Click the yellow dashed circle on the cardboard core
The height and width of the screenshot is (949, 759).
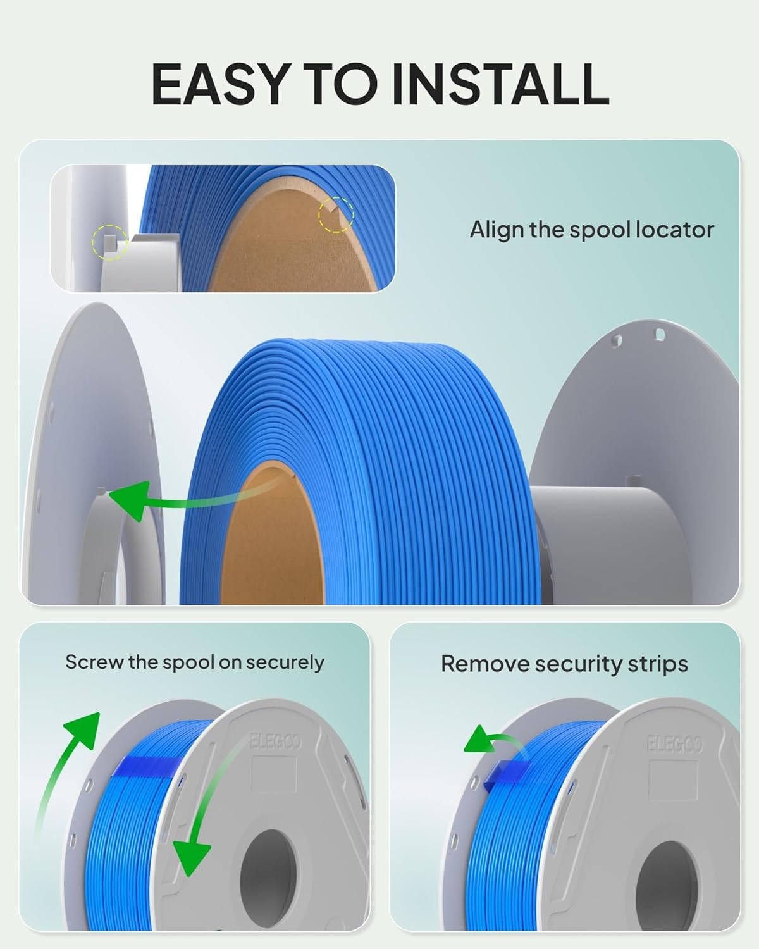336,214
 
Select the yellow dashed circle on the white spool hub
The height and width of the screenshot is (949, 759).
110,242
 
